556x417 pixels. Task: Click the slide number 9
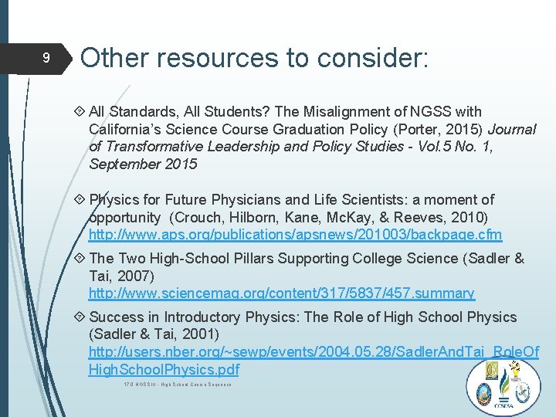pos(46,59)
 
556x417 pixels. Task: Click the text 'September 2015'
pos(143,164)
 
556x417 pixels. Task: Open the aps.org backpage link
pos(295,234)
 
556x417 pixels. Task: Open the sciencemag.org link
pos(281,293)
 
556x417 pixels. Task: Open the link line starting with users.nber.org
pos(314,352)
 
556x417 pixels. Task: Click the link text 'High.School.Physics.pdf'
pos(164,370)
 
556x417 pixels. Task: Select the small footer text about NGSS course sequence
pos(178,385)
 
